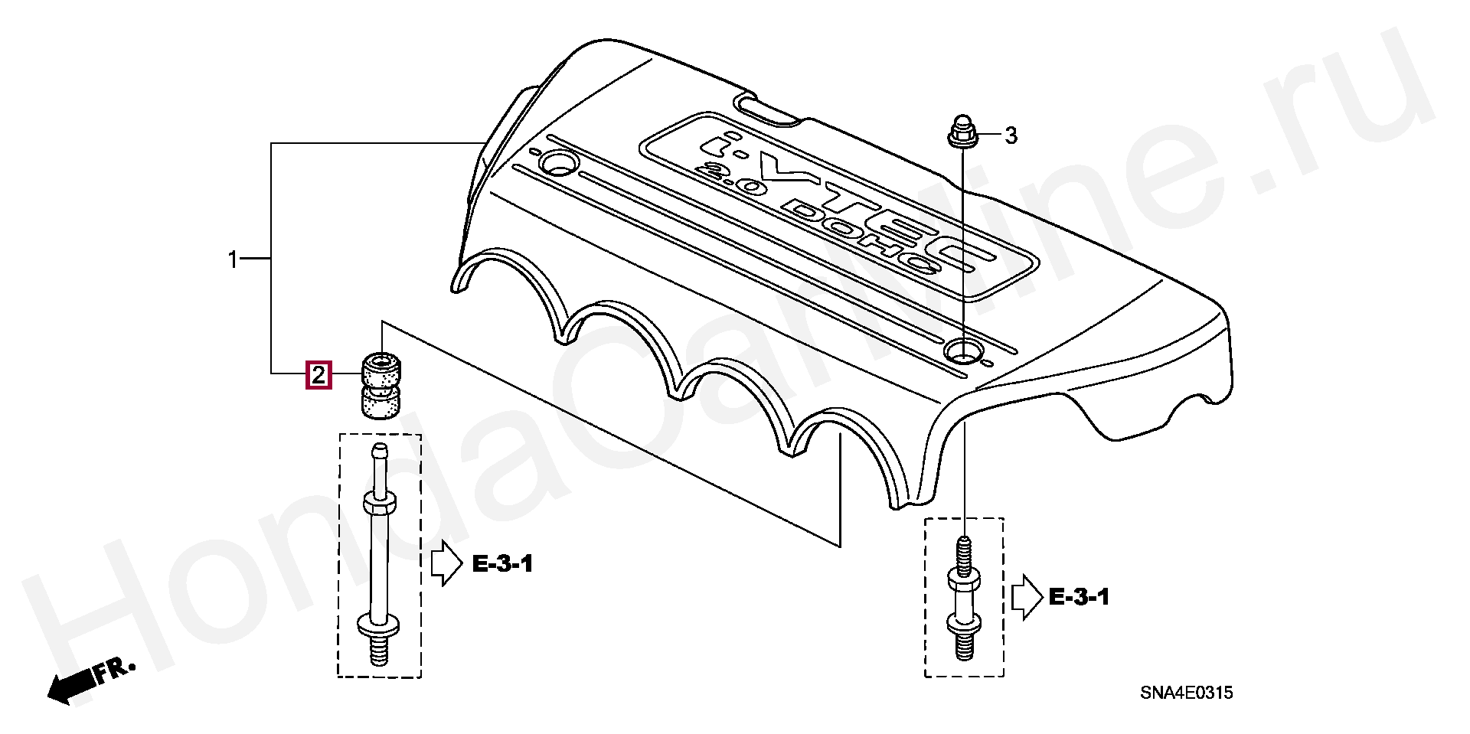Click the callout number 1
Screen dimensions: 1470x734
[234, 260]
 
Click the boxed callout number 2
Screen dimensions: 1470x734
[318, 375]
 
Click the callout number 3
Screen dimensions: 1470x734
[1011, 136]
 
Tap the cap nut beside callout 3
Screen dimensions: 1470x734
[960, 132]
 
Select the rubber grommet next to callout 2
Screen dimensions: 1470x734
[381, 386]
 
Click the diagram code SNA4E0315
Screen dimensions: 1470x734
[1186, 693]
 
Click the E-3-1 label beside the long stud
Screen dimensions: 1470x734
[502, 565]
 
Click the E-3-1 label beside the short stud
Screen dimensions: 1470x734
[1079, 597]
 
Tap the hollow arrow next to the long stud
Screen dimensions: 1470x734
[446, 565]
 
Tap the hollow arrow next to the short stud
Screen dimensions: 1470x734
[1027, 598]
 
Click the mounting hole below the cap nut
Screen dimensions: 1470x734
[962, 351]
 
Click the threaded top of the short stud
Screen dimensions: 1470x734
[965, 552]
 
